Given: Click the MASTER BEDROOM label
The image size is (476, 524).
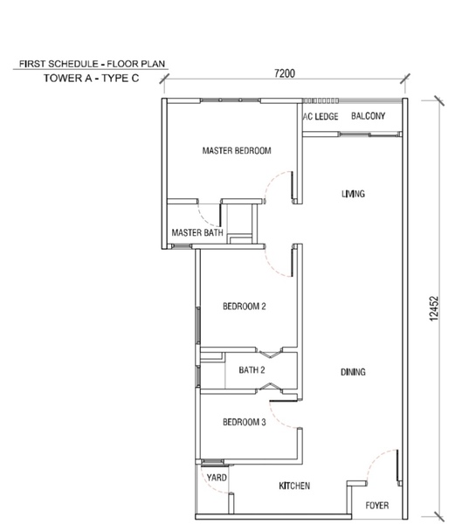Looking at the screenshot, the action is click(237, 151).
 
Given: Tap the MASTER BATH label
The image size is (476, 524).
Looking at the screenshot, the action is click(197, 232).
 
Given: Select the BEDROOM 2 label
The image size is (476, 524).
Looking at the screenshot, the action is click(245, 307).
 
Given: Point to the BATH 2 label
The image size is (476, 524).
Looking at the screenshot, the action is click(252, 370).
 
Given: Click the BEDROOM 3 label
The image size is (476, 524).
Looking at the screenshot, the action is click(245, 422).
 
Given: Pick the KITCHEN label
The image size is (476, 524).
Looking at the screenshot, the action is click(294, 486).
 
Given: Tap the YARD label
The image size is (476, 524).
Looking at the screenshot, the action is click(217, 478).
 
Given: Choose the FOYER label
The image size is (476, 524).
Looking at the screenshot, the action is click(377, 506).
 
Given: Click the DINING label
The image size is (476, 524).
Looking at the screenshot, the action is click(353, 372).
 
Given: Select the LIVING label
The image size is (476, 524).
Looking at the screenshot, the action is click(354, 194).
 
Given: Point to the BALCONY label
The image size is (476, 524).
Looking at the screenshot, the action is click(368, 116).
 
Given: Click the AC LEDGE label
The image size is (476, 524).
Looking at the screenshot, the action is click(321, 116).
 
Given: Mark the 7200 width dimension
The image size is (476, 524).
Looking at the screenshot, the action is click(285, 73).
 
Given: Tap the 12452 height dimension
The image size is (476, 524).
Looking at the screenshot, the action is click(433, 309).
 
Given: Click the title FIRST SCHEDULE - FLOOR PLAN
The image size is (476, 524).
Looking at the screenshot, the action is click(93, 64).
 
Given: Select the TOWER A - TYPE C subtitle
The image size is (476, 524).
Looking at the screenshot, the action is click(91, 79).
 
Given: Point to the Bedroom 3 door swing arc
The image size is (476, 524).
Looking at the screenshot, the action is click(276, 420).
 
